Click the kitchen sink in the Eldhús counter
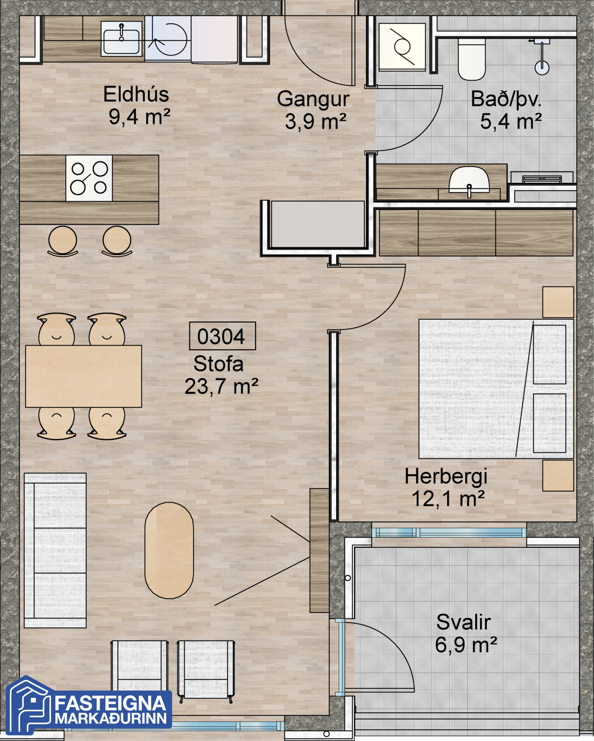click(x=122, y=38)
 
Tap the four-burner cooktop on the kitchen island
click(x=89, y=178)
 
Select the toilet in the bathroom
click(x=471, y=59)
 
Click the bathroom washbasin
click(x=469, y=181)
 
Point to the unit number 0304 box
click(x=222, y=336)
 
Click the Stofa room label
click(x=219, y=364)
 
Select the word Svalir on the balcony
click(x=463, y=622)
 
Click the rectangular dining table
click(x=84, y=377)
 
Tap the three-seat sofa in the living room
click(x=55, y=550)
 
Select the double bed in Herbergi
click(x=496, y=389)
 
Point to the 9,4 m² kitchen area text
click(x=139, y=117)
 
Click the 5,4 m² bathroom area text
click(x=511, y=121)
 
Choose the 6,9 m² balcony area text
click(x=466, y=645)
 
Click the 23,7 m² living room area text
click(x=221, y=386)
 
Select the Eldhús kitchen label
click(x=136, y=94)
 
